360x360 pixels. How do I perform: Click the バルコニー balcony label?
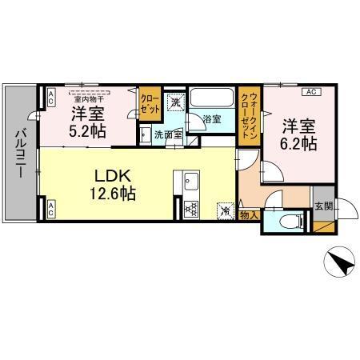pyautogui.click(x=20, y=152)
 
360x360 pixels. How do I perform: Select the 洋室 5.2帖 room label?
pyautogui.click(x=87, y=122)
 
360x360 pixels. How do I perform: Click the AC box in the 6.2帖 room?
pyautogui.click(x=310, y=93)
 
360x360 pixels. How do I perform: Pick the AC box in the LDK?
pyautogui.click(x=50, y=210)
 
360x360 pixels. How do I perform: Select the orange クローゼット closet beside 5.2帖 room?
pyautogui.click(x=149, y=103)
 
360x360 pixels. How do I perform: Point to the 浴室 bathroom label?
pyautogui.click(x=211, y=119)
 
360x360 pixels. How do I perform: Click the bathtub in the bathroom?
pyautogui.click(x=212, y=101)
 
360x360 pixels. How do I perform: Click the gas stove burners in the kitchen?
pyautogui.click(x=192, y=210)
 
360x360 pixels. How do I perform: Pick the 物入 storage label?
pyautogui.click(x=249, y=214)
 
